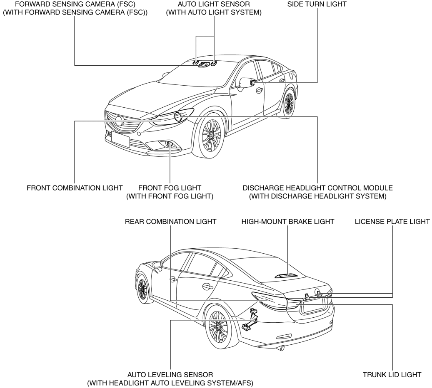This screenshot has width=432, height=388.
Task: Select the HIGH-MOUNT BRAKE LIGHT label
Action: [x=288, y=222]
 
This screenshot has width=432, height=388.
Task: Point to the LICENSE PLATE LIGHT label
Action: [x=392, y=222]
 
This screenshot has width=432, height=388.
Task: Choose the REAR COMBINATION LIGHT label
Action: [x=170, y=222]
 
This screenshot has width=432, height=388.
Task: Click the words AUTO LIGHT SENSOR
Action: [x=214, y=4]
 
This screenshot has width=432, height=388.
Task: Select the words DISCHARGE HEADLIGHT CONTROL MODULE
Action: [x=317, y=187]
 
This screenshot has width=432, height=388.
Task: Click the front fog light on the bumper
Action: [x=170, y=144]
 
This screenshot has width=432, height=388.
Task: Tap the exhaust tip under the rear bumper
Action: [x=282, y=348]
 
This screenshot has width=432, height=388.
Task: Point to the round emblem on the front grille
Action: [x=120, y=121]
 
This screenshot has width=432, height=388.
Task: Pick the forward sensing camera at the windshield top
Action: [x=204, y=64]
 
